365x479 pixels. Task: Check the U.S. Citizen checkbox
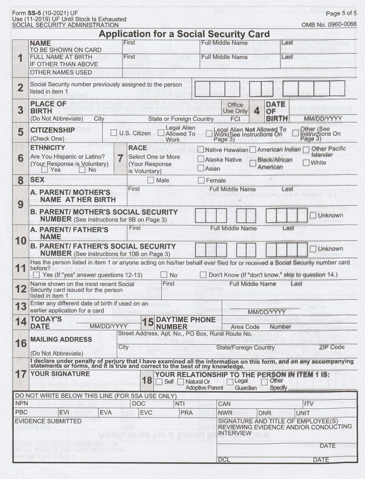114,133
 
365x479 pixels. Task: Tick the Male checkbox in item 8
151,180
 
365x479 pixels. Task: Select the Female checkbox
201,180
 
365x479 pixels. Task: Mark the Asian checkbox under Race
201,168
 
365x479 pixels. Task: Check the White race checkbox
306,163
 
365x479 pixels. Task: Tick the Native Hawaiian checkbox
201,150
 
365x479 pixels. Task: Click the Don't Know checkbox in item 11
203,275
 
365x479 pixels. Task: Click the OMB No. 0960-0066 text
329,24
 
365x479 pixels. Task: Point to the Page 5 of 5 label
341,13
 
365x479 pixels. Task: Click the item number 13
21,306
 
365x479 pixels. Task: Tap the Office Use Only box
235,108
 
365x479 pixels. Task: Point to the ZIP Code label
331,347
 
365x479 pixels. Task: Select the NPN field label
22,404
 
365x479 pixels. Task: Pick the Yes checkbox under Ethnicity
45,169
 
